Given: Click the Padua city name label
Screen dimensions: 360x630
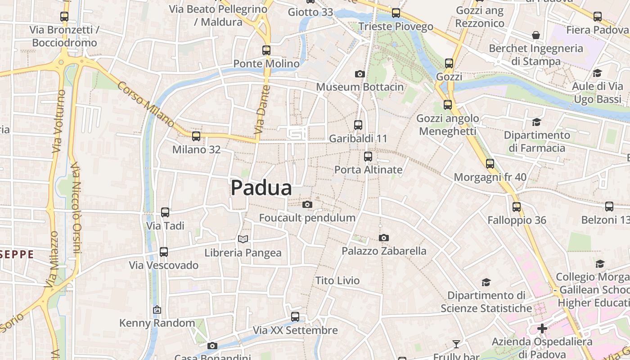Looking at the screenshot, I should point(261,188).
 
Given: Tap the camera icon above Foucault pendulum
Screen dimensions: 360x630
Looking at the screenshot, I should point(307,205).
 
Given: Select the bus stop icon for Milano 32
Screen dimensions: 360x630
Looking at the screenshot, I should point(196,136).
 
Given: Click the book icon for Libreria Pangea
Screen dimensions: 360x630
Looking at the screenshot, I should point(243,239).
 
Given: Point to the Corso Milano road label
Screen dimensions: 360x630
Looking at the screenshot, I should point(146,104).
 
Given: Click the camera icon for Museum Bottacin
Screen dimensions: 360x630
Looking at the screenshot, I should point(360,74).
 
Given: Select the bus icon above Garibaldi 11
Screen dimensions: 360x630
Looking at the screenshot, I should point(358,125).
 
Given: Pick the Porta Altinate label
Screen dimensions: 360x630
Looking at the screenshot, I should point(368,170).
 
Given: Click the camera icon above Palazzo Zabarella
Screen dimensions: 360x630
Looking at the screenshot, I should point(383,238).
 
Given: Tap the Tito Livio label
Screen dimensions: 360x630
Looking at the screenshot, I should point(337,281).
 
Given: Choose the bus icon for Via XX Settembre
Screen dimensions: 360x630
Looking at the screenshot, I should point(295,317).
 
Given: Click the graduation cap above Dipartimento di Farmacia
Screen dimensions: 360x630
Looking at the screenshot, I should point(536,122).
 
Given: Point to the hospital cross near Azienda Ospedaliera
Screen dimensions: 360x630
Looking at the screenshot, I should point(542,328).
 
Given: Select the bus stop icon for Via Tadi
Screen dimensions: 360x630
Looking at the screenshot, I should point(165,212).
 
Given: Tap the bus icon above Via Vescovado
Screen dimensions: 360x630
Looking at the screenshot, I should point(164,252).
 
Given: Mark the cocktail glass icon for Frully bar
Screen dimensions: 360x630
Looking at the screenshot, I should point(456,344).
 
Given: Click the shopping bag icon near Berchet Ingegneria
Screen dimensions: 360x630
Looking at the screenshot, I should point(536,35).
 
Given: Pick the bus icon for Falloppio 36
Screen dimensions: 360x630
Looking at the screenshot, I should point(517,207).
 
